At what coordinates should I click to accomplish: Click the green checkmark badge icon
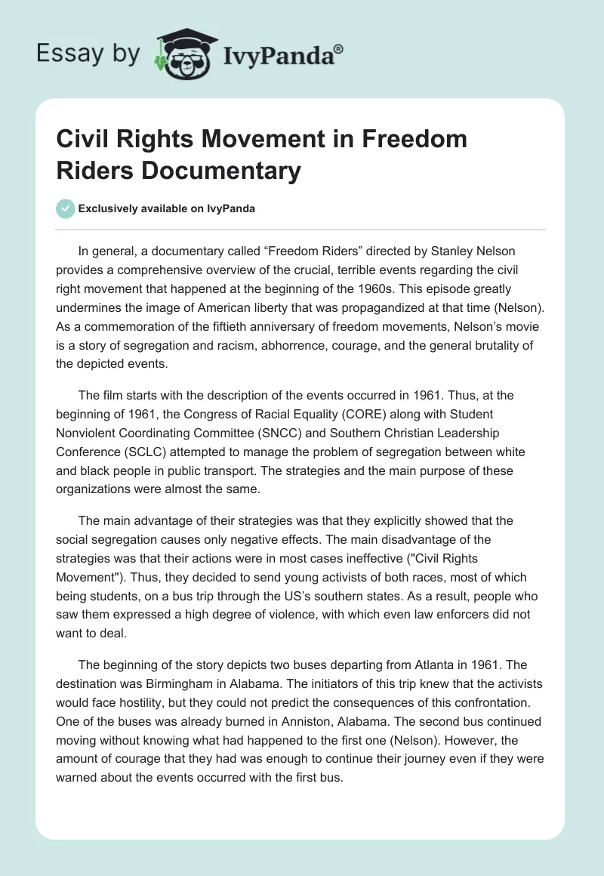pyautogui.click(x=66, y=209)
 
